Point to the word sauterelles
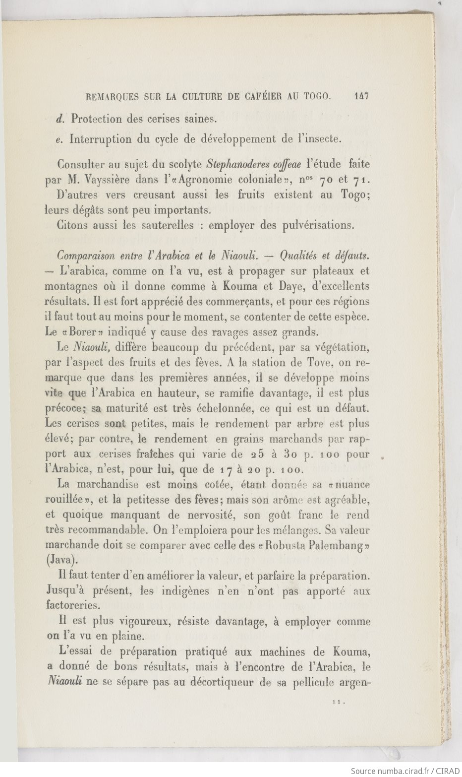(167, 225)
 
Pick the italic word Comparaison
(85, 256)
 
